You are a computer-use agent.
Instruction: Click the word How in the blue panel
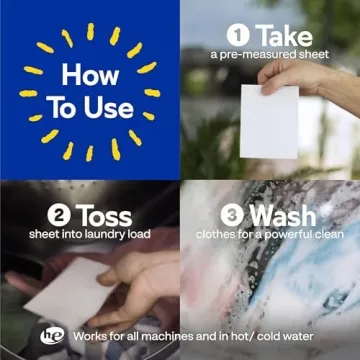tap(90, 75)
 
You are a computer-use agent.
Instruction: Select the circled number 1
tap(238, 36)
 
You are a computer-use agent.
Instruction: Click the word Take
tap(284, 36)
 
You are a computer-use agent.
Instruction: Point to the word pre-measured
tap(256, 55)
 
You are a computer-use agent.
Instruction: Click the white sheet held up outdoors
tap(269, 122)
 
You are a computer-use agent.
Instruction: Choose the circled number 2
tap(59, 216)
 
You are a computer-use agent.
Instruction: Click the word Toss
tap(104, 216)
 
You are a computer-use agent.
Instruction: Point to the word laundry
tap(104, 235)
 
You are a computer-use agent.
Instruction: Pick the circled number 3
tap(232, 216)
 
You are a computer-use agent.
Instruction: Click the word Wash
tap(283, 216)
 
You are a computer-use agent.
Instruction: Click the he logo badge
tap(52, 336)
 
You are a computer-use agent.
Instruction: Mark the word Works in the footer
tap(88, 336)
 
